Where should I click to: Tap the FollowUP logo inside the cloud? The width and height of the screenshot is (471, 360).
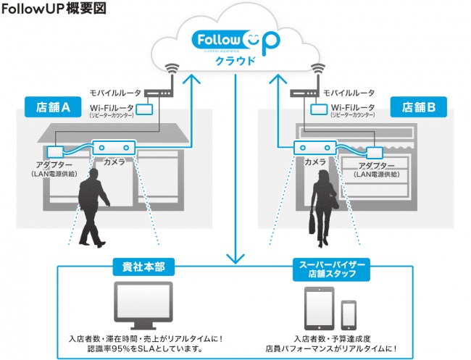[x=236, y=41]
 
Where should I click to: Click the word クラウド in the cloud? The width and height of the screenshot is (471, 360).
[x=236, y=61]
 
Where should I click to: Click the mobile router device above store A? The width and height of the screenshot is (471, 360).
[x=159, y=93]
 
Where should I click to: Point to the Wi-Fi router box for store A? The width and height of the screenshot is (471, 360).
[x=146, y=109]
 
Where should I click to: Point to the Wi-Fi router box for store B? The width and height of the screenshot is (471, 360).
[x=316, y=109]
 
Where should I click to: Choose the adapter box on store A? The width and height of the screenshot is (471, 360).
[x=55, y=152]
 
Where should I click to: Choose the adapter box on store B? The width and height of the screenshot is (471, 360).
[x=375, y=152]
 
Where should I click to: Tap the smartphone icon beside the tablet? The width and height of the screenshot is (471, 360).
[x=349, y=313]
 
